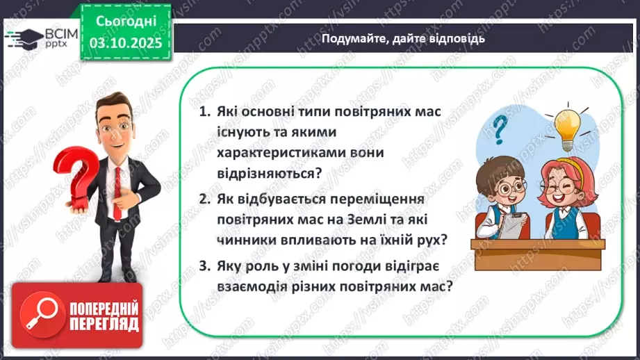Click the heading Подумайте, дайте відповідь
[403, 39]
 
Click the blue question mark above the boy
[498, 130]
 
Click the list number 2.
[204, 199]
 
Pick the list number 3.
[204, 265]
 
